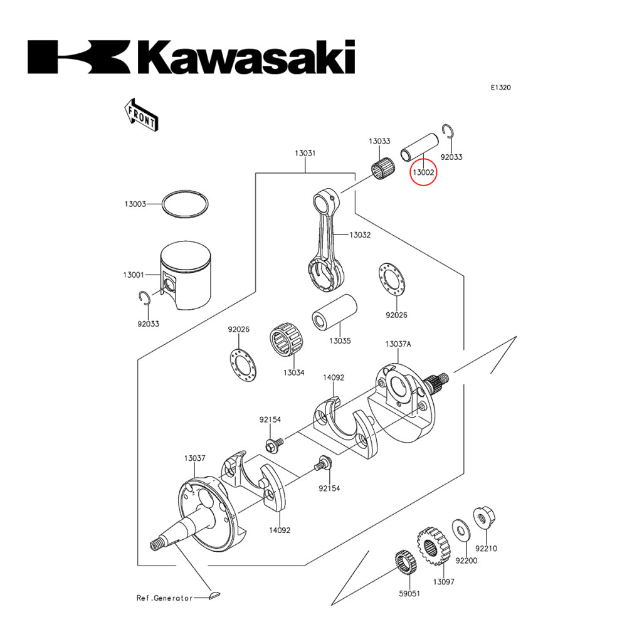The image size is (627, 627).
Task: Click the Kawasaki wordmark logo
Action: click(x=191, y=58)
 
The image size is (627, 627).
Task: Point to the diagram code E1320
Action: click(x=500, y=88)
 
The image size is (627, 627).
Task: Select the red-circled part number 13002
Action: click(x=423, y=169)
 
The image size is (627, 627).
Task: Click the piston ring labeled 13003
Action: click(x=186, y=204)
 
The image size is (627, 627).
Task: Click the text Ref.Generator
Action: click(x=165, y=598)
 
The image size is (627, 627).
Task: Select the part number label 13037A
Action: click(x=398, y=344)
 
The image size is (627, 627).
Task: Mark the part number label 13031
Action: click(x=305, y=153)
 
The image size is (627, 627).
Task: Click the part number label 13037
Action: click(x=194, y=458)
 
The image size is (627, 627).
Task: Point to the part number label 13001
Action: click(x=134, y=275)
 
